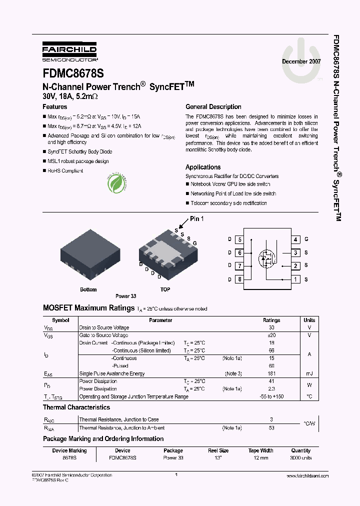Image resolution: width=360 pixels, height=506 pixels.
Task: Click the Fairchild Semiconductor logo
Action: pyautogui.click(x=69, y=51)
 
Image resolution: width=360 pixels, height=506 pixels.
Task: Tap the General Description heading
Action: pyautogui.click(x=213, y=107)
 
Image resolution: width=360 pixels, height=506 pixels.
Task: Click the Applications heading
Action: pyautogui.click(x=202, y=167)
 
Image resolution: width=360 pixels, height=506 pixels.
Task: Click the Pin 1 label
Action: pyautogui.click(x=196, y=219)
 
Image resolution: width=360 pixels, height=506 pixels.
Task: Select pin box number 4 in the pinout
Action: pyautogui.click(x=296, y=240)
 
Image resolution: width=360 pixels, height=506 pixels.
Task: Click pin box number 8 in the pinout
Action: pyautogui.click(x=239, y=279)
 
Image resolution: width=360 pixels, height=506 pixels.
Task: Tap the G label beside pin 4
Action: pyautogui.click(x=306, y=240)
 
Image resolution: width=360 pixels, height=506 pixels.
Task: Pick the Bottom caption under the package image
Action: pyautogui.click(x=88, y=289)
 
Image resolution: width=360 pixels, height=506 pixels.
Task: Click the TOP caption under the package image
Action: pyautogui.click(x=165, y=289)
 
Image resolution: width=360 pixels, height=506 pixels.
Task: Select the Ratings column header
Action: pyautogui.click(x=271, y=320)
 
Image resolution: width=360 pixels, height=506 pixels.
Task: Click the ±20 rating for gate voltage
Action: pyautogui.click(x=271, y=335)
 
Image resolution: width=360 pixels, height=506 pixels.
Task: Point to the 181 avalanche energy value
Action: pyautogui.click(x=271, y=373)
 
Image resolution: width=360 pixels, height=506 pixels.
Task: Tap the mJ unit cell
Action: pyautogui.click(x=309, y=373)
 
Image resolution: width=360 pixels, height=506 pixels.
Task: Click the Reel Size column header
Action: pyautogui.click(x=218, y=450)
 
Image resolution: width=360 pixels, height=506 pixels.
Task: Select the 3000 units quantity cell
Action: pyautogui.click(x=300, y=458)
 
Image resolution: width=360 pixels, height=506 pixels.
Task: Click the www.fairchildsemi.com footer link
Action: pyautogui.click(x=308, y=476)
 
